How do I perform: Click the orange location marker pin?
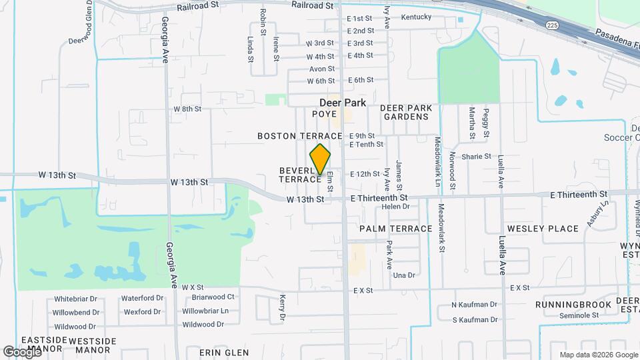321,159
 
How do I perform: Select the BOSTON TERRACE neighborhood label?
300,136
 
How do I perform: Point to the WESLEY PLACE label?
543,229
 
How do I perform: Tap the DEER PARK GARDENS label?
405,112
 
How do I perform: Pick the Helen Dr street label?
395,207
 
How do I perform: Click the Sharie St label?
476,157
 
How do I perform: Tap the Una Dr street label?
404,275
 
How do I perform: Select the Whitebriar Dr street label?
76,298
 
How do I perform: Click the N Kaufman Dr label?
474,305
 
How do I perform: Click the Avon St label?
321,69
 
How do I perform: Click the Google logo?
22,351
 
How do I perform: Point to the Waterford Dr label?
143,298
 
